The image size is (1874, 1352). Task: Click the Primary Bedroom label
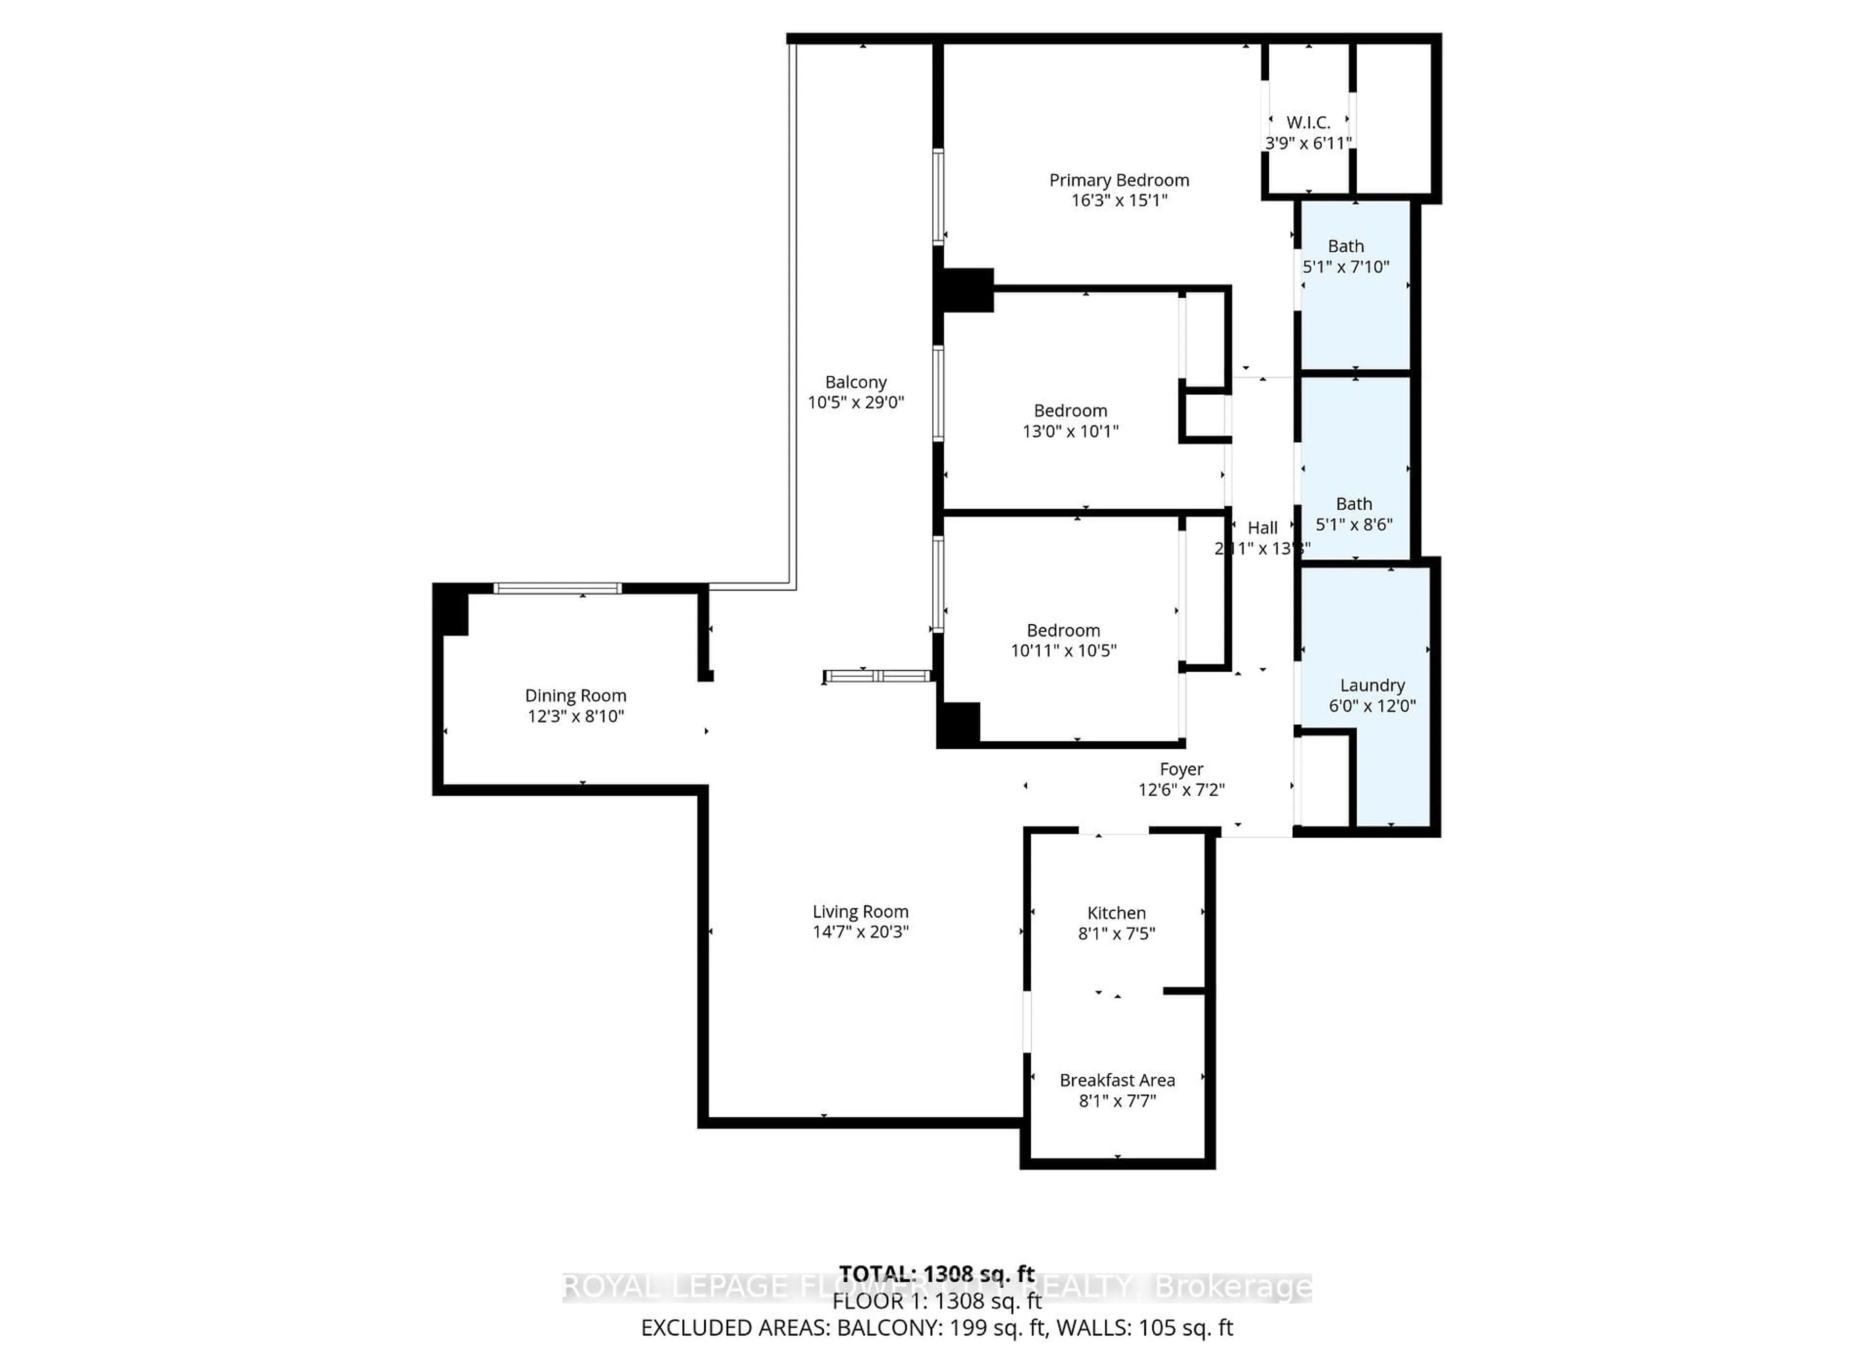(1119, 180)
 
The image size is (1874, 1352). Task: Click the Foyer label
(1181, 769)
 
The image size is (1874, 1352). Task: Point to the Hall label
(1262, 527)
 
